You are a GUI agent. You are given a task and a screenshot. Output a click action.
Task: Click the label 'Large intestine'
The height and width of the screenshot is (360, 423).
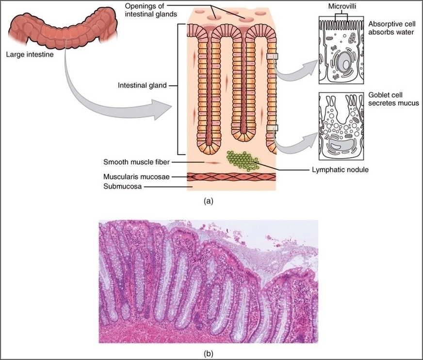[29, 54]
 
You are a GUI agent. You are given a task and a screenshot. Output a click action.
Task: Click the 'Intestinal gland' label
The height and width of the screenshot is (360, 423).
[142, 85]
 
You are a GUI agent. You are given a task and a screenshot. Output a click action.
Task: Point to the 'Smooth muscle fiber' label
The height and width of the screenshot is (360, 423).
[135, 162]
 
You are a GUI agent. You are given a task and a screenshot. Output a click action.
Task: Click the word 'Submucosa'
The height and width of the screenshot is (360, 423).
[121, 186]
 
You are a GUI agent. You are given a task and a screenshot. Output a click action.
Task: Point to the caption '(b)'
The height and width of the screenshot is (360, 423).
[209, 353]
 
